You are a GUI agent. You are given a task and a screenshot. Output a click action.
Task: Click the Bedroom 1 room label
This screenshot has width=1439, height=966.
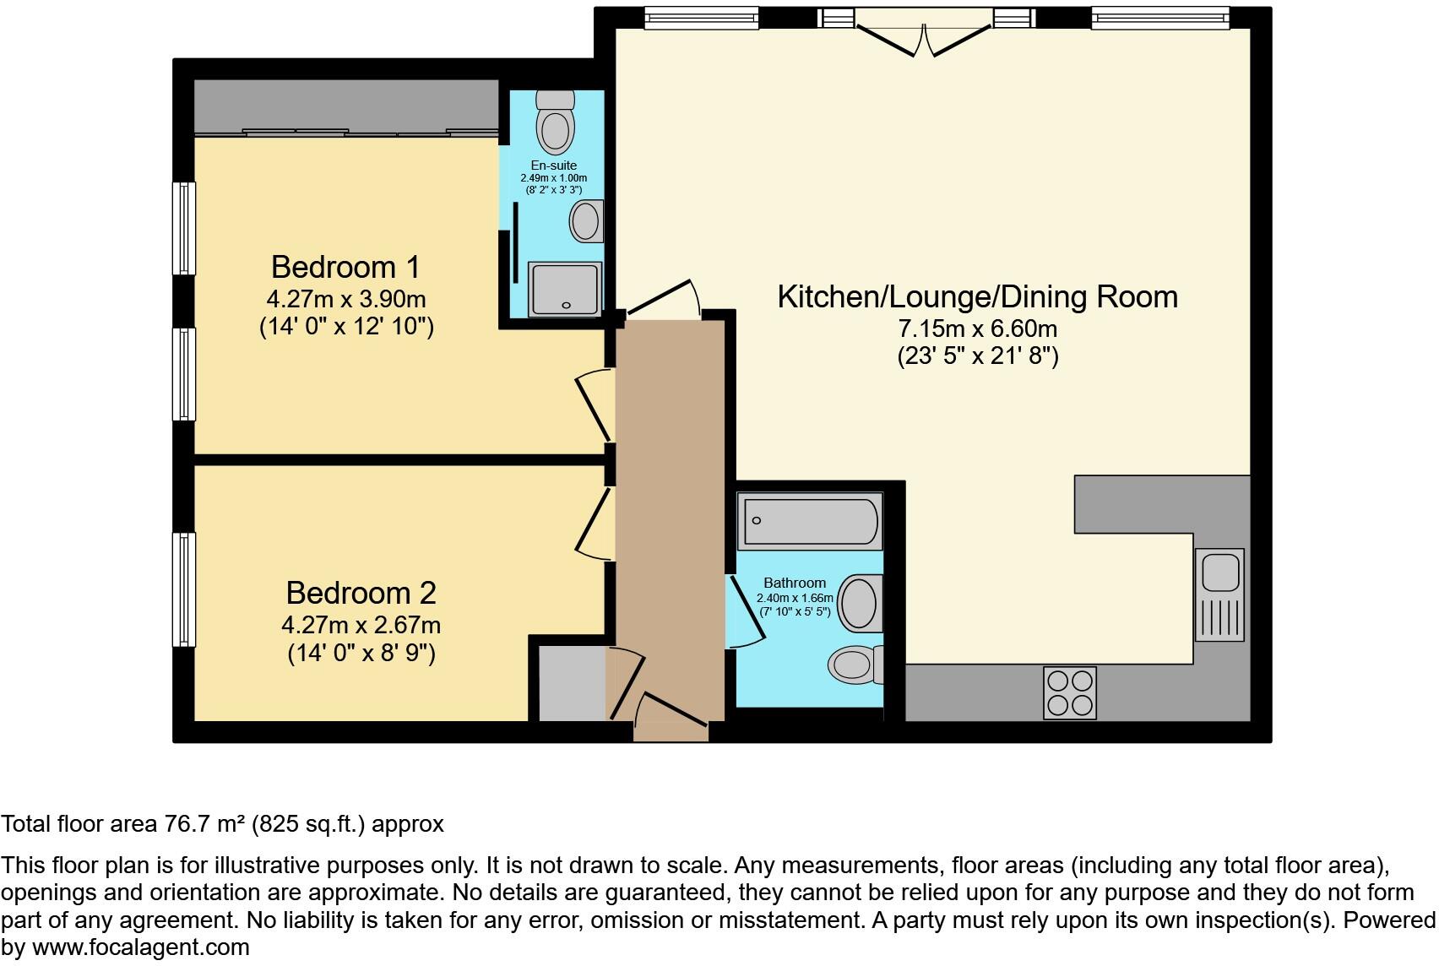coord(345,267)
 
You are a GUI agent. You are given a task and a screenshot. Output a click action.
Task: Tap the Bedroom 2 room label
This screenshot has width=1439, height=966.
coord(361,593)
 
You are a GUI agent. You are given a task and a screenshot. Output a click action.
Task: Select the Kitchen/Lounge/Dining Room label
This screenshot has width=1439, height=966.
coord(978,297)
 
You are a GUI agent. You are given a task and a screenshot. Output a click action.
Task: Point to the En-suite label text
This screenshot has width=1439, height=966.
coord(554,165)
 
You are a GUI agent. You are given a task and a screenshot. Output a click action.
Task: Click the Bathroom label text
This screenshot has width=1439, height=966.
coord(795,583)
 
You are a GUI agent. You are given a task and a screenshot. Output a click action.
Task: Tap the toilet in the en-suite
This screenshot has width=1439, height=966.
coord(555,122)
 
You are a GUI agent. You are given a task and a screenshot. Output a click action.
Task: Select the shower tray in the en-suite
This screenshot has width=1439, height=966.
coord(565,289)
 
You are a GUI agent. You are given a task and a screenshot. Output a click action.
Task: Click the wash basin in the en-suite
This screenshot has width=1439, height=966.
coord(587,221)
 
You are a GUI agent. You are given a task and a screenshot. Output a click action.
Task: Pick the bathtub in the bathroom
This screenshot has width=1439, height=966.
coord(810,521)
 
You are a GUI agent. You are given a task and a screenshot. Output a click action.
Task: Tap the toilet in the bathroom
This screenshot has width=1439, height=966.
coord(855,664)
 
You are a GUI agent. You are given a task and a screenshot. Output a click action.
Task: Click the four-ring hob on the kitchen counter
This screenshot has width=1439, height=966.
coord(1070,693)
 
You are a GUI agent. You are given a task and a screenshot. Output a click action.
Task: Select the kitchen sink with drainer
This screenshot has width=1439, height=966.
coord(1219,594)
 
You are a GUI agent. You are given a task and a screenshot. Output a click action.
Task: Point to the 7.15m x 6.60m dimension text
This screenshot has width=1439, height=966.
coord(977,328)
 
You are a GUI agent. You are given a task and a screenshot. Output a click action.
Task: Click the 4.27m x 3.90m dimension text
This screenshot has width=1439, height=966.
coord(346,299)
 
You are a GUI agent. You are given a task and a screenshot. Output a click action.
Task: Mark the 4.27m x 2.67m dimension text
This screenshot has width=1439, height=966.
coord(361,625)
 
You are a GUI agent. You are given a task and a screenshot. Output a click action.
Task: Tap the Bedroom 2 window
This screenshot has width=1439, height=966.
coord(184,589)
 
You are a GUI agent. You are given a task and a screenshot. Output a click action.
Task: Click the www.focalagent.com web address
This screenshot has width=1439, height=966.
coord(141,947)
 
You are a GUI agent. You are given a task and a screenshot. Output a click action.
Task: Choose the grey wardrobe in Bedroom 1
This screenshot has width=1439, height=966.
coord(347,108)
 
